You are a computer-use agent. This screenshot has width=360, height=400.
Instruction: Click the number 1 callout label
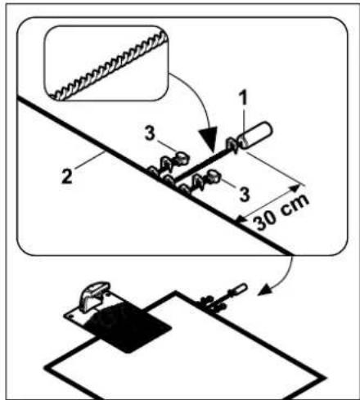tap(243, 97)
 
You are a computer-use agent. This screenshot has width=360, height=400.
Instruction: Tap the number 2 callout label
tap(67, 177)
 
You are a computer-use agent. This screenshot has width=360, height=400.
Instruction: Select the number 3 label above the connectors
tap(150, 133)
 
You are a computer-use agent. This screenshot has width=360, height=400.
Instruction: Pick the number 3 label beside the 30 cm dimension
tap(244, 194)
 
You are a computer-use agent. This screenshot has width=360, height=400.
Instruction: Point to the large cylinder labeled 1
tap(255, 136)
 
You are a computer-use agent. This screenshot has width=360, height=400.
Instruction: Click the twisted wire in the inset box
tap(109, 65)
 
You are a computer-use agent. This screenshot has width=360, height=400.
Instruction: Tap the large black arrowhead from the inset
tap(209, 138)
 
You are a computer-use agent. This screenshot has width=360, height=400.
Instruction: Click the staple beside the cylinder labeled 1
tap(232, 146)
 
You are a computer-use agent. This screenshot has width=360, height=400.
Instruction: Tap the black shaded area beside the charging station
tap(128, 327)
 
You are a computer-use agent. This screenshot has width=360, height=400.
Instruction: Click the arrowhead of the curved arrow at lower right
tap(263, 291)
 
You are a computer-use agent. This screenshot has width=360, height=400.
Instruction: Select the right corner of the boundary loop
tap(325, 378)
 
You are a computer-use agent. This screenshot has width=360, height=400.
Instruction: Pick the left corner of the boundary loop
tap(47, 367)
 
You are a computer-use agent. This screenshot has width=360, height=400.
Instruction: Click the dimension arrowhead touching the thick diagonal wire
tap(240, 219)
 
